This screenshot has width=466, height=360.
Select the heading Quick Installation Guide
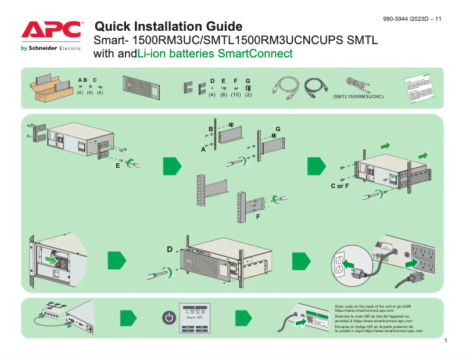pos(168,26)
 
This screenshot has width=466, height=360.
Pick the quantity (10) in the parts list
pos(235,95)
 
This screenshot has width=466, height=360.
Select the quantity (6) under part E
pos(224,95)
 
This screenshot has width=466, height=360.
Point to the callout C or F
pos(340,186)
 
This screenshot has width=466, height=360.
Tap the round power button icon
pos(168,318)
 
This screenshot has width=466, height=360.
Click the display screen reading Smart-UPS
pos(194,317)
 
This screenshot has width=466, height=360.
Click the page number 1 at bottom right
pos(445,340)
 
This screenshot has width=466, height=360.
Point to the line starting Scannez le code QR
pos(373,316)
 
